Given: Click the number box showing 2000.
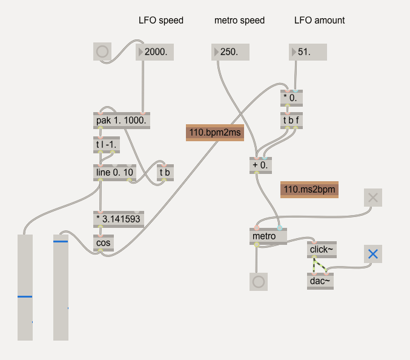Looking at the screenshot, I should (155, 52).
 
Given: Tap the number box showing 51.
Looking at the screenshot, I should (308, 52).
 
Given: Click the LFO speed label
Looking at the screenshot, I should (161, 20).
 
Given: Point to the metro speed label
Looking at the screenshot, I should (239, 20).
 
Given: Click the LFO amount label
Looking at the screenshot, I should (319, 20).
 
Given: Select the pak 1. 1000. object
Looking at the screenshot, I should (122, 121).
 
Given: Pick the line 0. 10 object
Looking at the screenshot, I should (115, 173).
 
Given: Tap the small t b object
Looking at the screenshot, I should (165, 173).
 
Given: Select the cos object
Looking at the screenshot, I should (103, 244).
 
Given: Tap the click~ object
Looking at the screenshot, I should (320, 249).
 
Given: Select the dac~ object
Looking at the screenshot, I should (320, 281).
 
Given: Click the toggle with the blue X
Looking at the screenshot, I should (373, 254).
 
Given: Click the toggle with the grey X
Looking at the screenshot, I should (373, 197).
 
